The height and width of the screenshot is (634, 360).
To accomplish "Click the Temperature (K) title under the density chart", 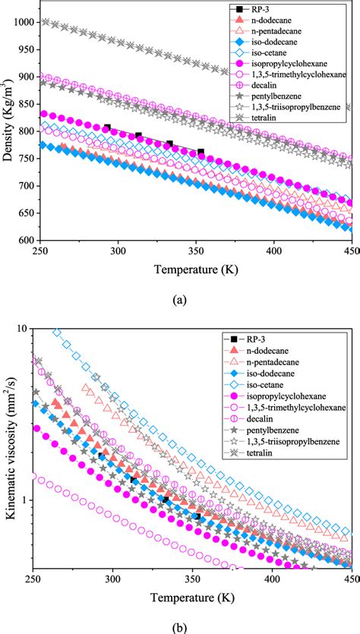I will (192, 268).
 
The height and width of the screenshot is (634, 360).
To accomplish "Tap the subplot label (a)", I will (179, 300).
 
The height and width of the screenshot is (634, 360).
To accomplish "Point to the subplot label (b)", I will (179, 624).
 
